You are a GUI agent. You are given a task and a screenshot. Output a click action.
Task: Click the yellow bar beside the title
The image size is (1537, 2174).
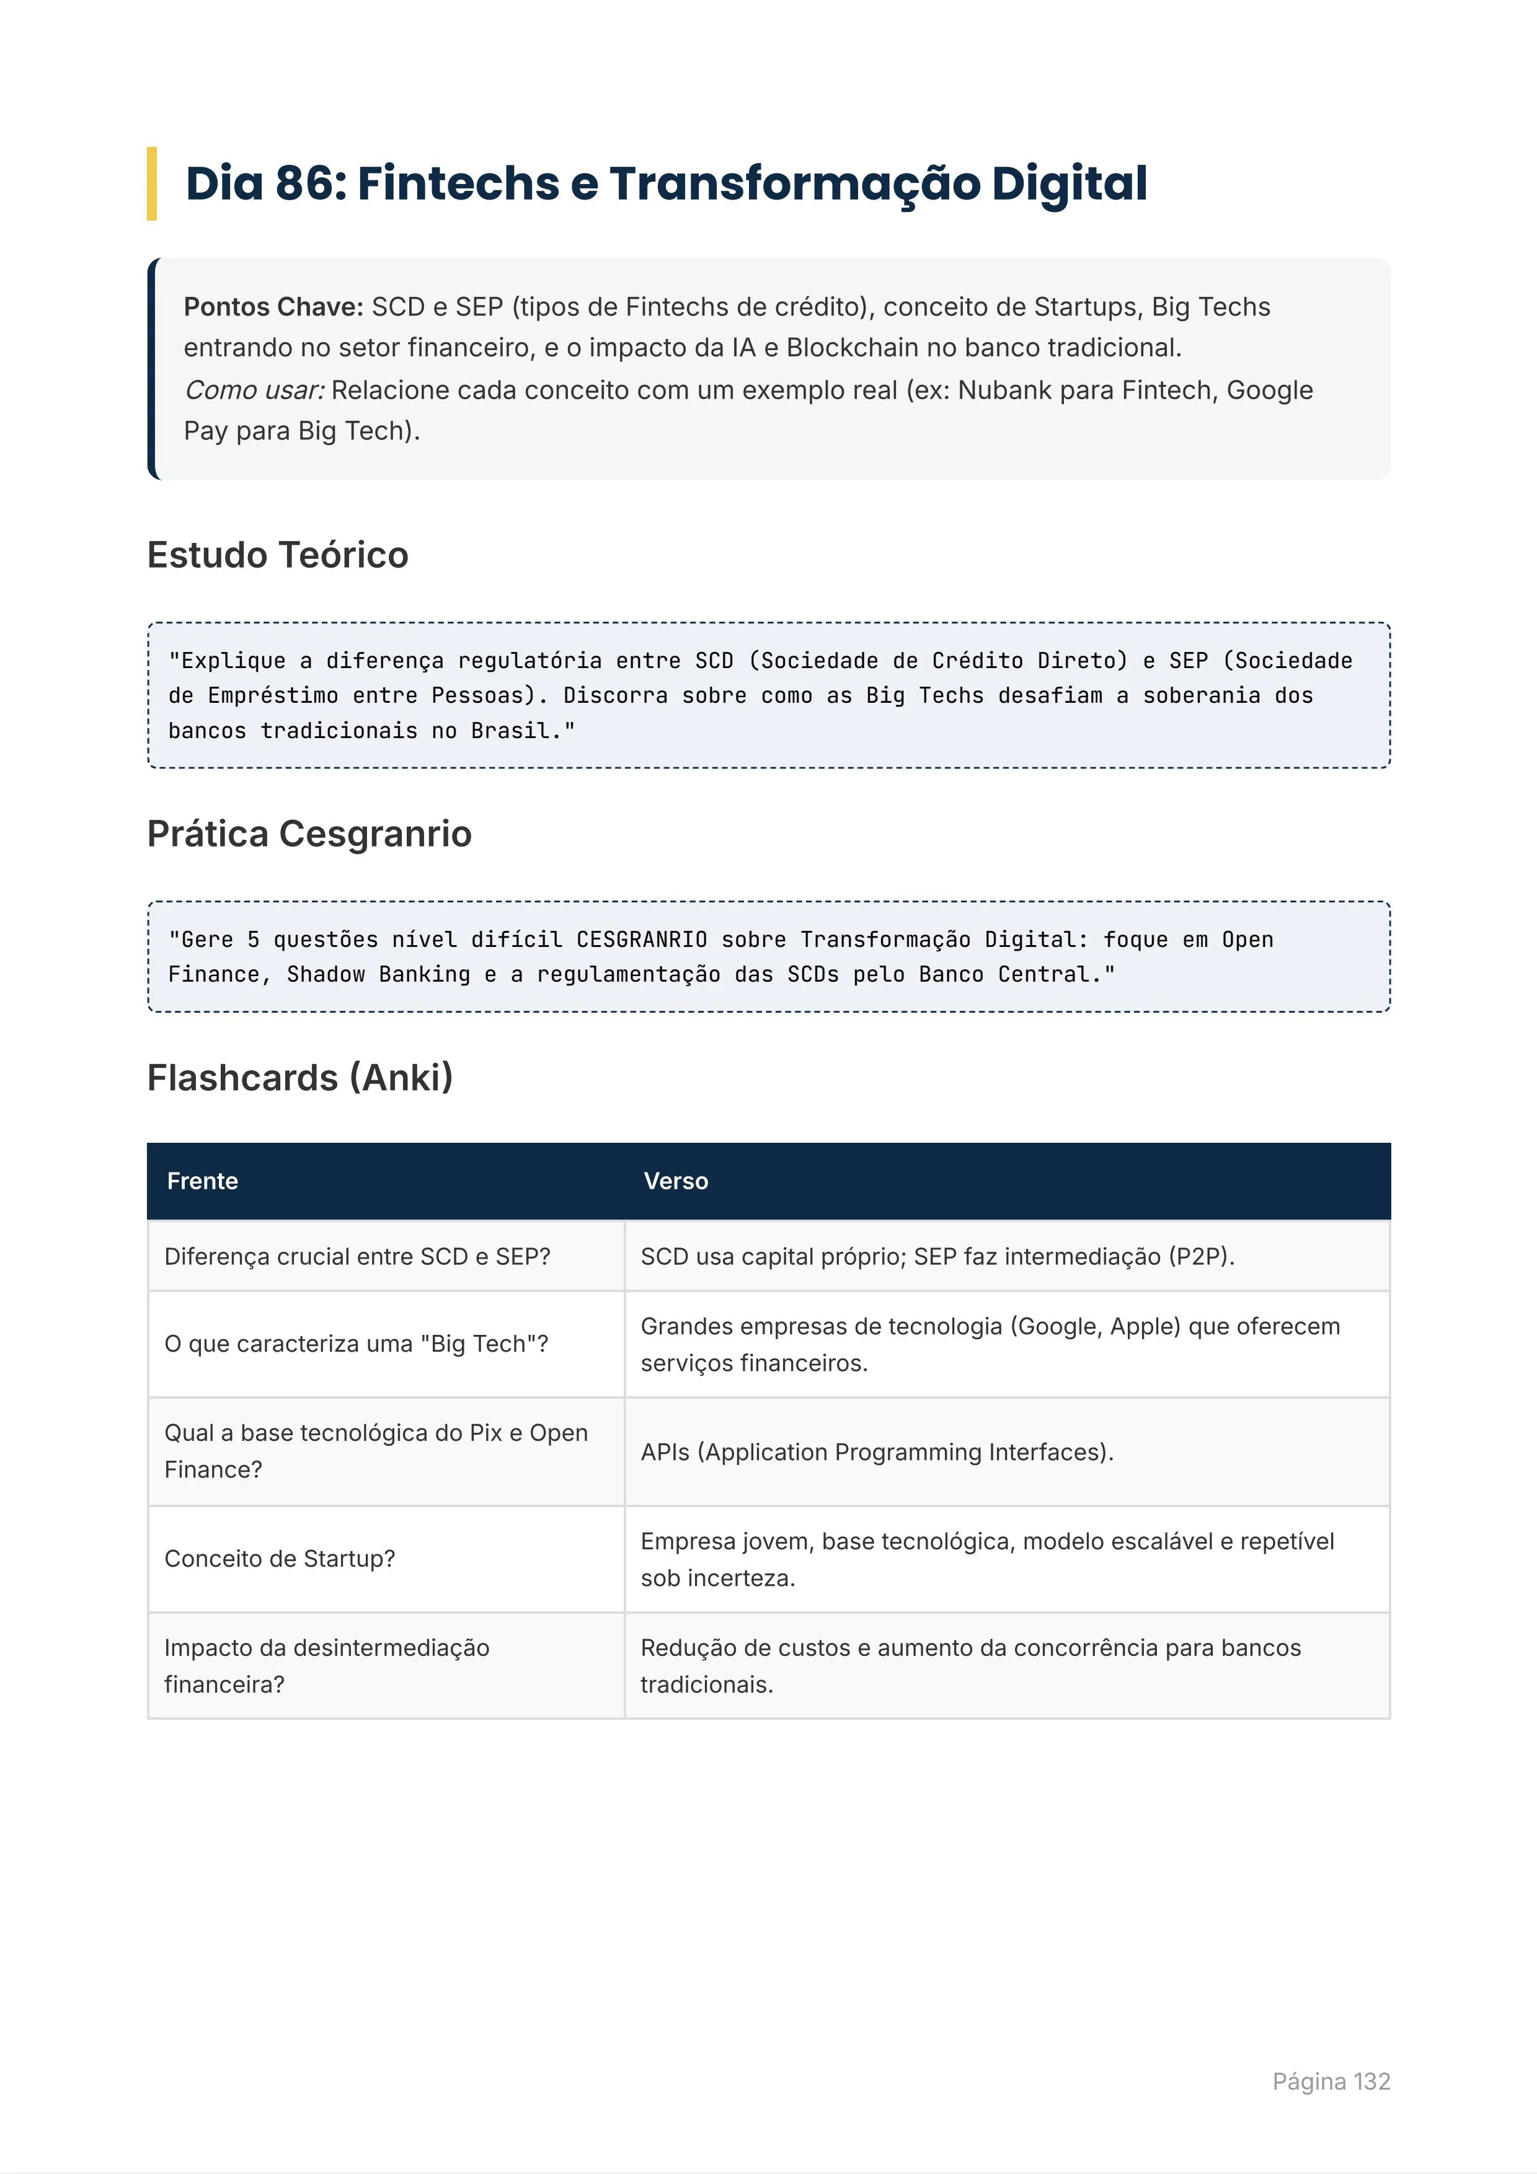(x=151, y=183)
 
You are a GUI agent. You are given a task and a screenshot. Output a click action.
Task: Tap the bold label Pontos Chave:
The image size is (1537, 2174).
(x=273, y=307)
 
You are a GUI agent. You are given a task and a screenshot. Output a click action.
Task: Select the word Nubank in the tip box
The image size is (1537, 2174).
(x=1001, y=390)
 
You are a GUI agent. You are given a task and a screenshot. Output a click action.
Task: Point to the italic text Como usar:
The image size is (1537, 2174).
(x=254, y=390)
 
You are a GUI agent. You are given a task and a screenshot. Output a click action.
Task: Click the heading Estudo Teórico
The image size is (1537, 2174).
(x=278, y=555)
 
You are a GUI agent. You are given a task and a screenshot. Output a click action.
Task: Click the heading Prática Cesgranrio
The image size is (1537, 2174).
(x=309, y=834)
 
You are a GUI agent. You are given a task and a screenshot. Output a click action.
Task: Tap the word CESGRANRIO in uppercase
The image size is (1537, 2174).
(x=641, y=940)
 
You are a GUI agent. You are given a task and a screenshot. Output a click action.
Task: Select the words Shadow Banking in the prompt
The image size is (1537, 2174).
(x=378, y=974)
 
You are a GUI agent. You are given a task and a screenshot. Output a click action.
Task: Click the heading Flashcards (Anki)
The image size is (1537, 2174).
(x=300, y=1078)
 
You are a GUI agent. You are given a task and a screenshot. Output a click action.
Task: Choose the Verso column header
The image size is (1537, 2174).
(x=675, y=1181)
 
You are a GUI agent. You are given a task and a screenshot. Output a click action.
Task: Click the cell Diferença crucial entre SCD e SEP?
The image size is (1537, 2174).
(x=357, y=1256)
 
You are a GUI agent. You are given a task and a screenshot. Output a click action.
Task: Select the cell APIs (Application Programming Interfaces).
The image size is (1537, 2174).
(x=877, y=1451)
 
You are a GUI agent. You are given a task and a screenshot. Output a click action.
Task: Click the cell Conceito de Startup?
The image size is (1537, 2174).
(x=280, y=1559)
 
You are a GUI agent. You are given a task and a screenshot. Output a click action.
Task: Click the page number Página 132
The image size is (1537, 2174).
(x=1331, y=2081)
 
